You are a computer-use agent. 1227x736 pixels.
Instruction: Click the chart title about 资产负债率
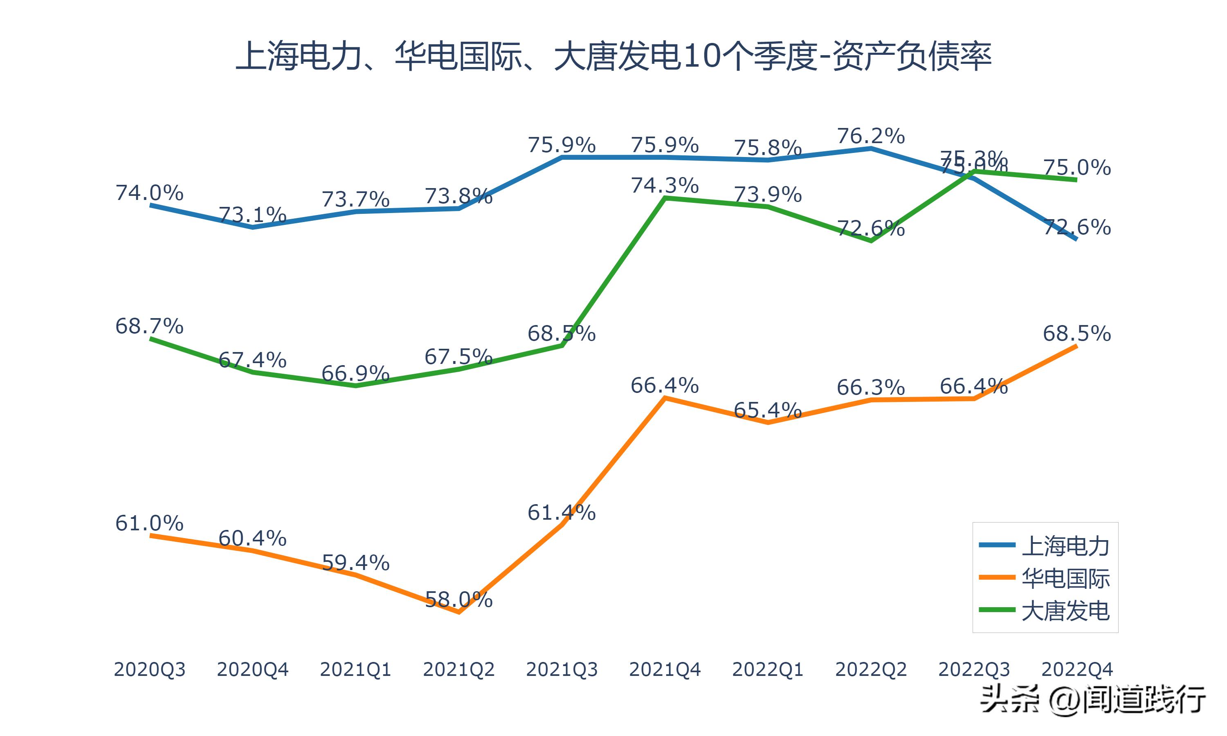pos(613,56)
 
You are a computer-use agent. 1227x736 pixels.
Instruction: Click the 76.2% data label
pos(871,136)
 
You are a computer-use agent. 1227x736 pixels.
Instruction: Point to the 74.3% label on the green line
pos(665,186)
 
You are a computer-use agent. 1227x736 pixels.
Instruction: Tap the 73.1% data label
pos(252,215)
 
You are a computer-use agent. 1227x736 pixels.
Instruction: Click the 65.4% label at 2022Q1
pos(768,410)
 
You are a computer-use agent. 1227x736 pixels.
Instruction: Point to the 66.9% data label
pos(355,373)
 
